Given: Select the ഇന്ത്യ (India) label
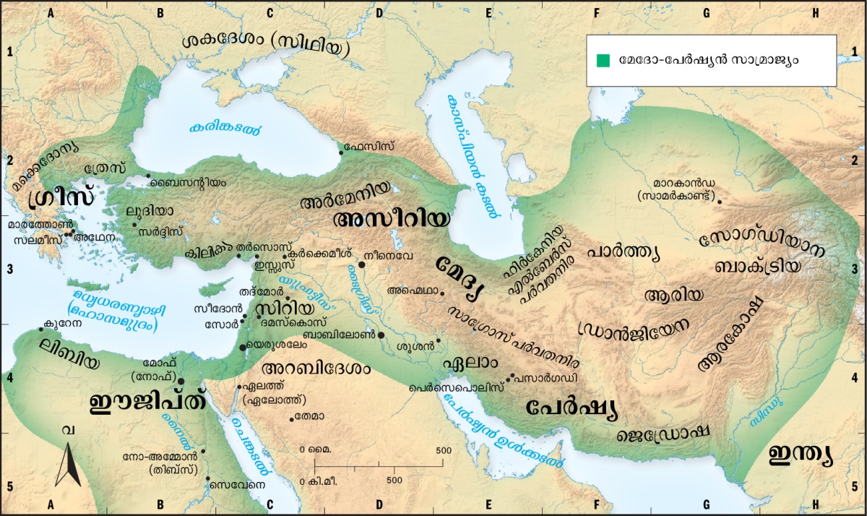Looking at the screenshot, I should (801, 455).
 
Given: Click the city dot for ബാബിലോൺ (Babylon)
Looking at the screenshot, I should (381, 335).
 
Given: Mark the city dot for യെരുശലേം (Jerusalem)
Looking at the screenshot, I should (242, 348).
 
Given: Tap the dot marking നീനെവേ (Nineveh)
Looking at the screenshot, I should (361, 265).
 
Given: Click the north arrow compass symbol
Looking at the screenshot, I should (69, 463).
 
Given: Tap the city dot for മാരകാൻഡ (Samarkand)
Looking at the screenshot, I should (719, 202).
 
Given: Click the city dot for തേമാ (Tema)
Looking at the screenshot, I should (292, 419).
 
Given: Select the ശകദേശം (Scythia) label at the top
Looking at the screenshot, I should (266, 45).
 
